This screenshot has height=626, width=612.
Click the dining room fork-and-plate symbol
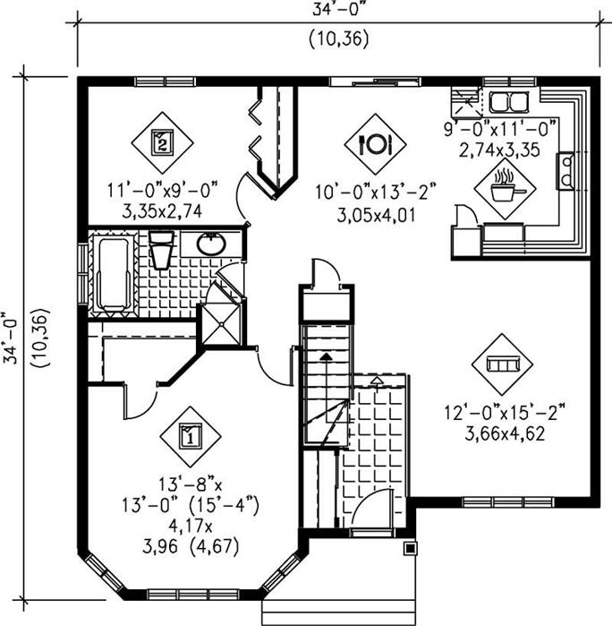coord(374,142)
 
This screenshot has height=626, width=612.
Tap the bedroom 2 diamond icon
coord(161,141)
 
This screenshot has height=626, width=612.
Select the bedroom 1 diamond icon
coord(189,436)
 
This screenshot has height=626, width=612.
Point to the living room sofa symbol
coord(501,364)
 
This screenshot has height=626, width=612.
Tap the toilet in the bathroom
coord(161,250)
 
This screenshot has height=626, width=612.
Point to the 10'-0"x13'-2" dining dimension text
coord(361,192)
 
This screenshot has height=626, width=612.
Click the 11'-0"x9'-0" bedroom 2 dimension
coord(157,190)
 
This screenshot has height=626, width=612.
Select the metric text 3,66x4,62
coord(506,436)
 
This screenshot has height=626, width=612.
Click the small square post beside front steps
coord(410,548)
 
